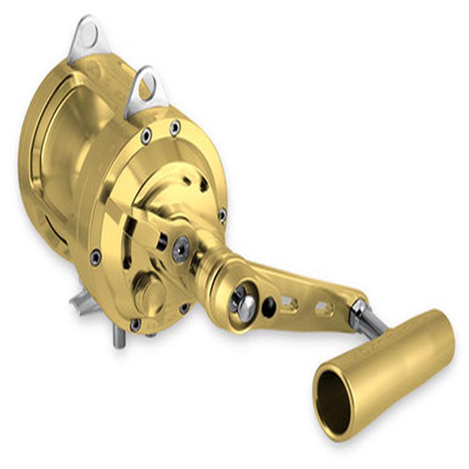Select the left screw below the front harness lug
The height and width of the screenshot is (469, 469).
(x=146, y=136)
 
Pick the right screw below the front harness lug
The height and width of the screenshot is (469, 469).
(x=175, y=127)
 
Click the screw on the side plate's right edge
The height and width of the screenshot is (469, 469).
(x=223, y=215)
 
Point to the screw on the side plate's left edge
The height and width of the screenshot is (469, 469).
(x=95, y=257)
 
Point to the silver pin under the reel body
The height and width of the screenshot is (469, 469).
(x=119, y=337)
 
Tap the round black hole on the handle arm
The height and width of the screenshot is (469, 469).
(x=269, y=306)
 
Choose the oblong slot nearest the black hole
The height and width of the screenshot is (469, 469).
(x=289, y=303)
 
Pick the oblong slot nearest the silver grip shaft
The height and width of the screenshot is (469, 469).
(x=324, y=308)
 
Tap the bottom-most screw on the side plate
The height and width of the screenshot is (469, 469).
(x=136, y=324)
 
